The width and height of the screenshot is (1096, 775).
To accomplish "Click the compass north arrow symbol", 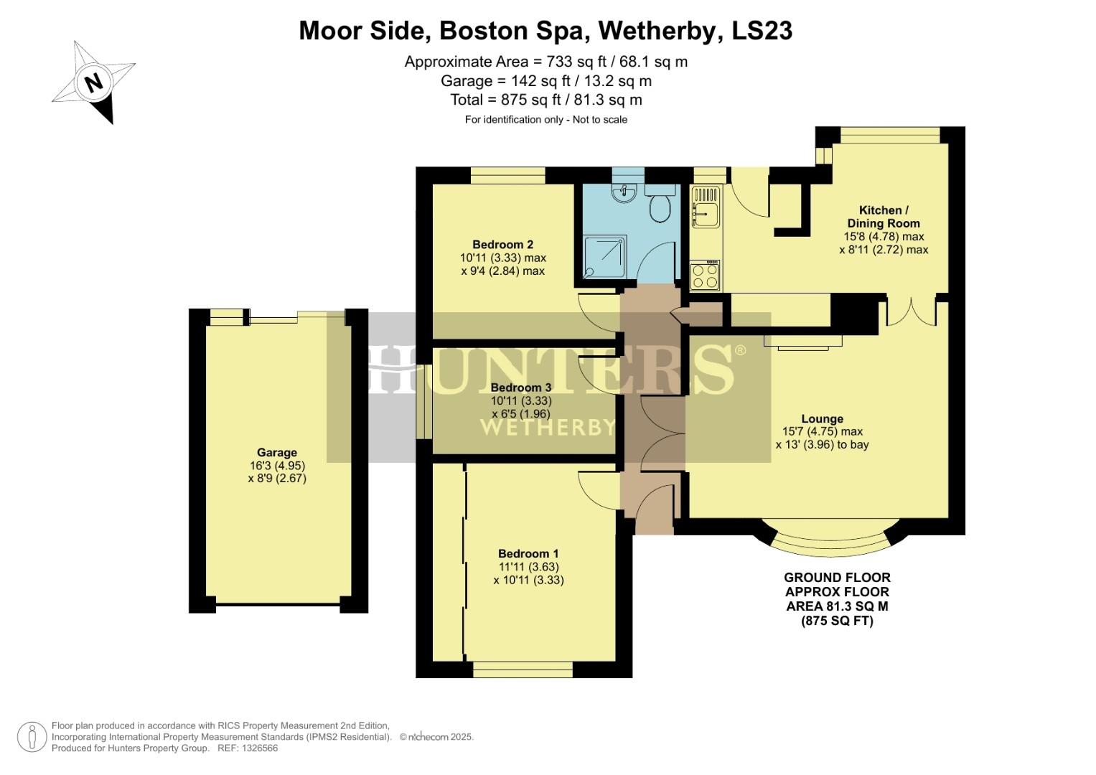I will click(x=93, y=82).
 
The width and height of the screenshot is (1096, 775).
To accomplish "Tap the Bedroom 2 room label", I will click(x=502, y=244).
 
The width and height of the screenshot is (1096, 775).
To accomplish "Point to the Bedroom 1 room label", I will click(x=528, y=553).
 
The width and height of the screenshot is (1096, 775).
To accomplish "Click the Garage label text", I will click(x=277, y=452).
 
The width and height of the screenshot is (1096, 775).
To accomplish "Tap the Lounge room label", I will click(x=822, y=418).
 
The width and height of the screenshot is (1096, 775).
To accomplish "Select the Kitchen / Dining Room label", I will click(x=884, y=217).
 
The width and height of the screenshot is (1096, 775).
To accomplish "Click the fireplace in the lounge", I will click(x=802, y=342).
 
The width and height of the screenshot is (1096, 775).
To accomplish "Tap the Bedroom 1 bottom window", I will click(x=523, y=670).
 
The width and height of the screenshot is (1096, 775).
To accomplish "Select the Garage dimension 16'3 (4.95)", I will click(x=277, y=465).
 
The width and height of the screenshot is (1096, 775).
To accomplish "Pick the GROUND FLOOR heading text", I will click(x=837, y=578).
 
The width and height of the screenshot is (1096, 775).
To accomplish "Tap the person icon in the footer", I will click(x=32, y=737).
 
